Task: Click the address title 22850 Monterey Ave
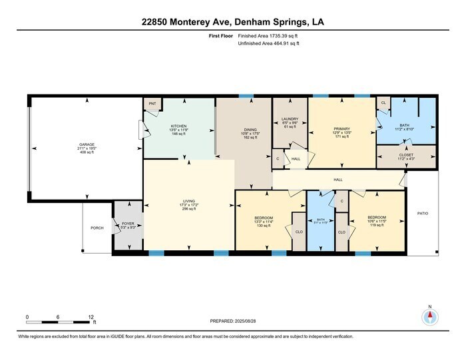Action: tap(232, 21)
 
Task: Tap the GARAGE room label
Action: tap(87, 144)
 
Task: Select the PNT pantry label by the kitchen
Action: tap(152, 104)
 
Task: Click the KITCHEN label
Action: tap(178, 126)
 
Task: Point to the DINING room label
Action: tap(250, 130)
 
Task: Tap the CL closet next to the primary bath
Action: tap(383, 103)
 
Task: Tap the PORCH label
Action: tap(97, 228)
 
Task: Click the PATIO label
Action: tap(423, 213)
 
